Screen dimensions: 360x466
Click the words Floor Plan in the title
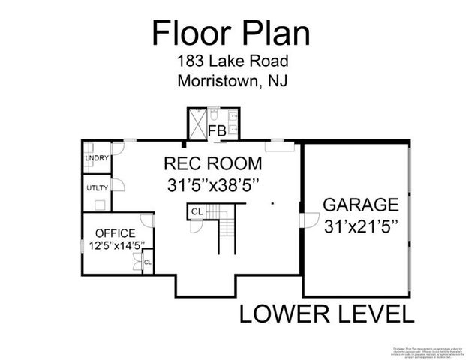pyautogui.click(x=232, y=33)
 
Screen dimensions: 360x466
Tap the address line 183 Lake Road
pyautogui.click(x=232, y=63)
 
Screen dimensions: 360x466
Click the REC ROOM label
pyautogui.click(x=213, y=163)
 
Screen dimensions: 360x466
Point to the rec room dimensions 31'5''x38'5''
pyautogui.click(x=213, y=184)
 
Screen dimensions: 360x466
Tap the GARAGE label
pyautogui.click(x=359, y=205)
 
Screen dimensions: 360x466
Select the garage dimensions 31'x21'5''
pyautogui.click(x=359, y=224)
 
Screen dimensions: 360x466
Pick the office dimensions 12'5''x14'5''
pyautogui.click(x=110, y=244)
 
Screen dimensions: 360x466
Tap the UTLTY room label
pyautogui.click(x=97, y=188)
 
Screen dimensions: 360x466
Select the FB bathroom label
pyautogui.click(x=217, y=131)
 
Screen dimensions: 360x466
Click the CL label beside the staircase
pyautogui.click(x=196, y=212)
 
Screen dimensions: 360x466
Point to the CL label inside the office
pyautogui.click(x=147, y=262)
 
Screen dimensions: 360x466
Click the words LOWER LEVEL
pyautogui.click(x=326, y=313)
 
